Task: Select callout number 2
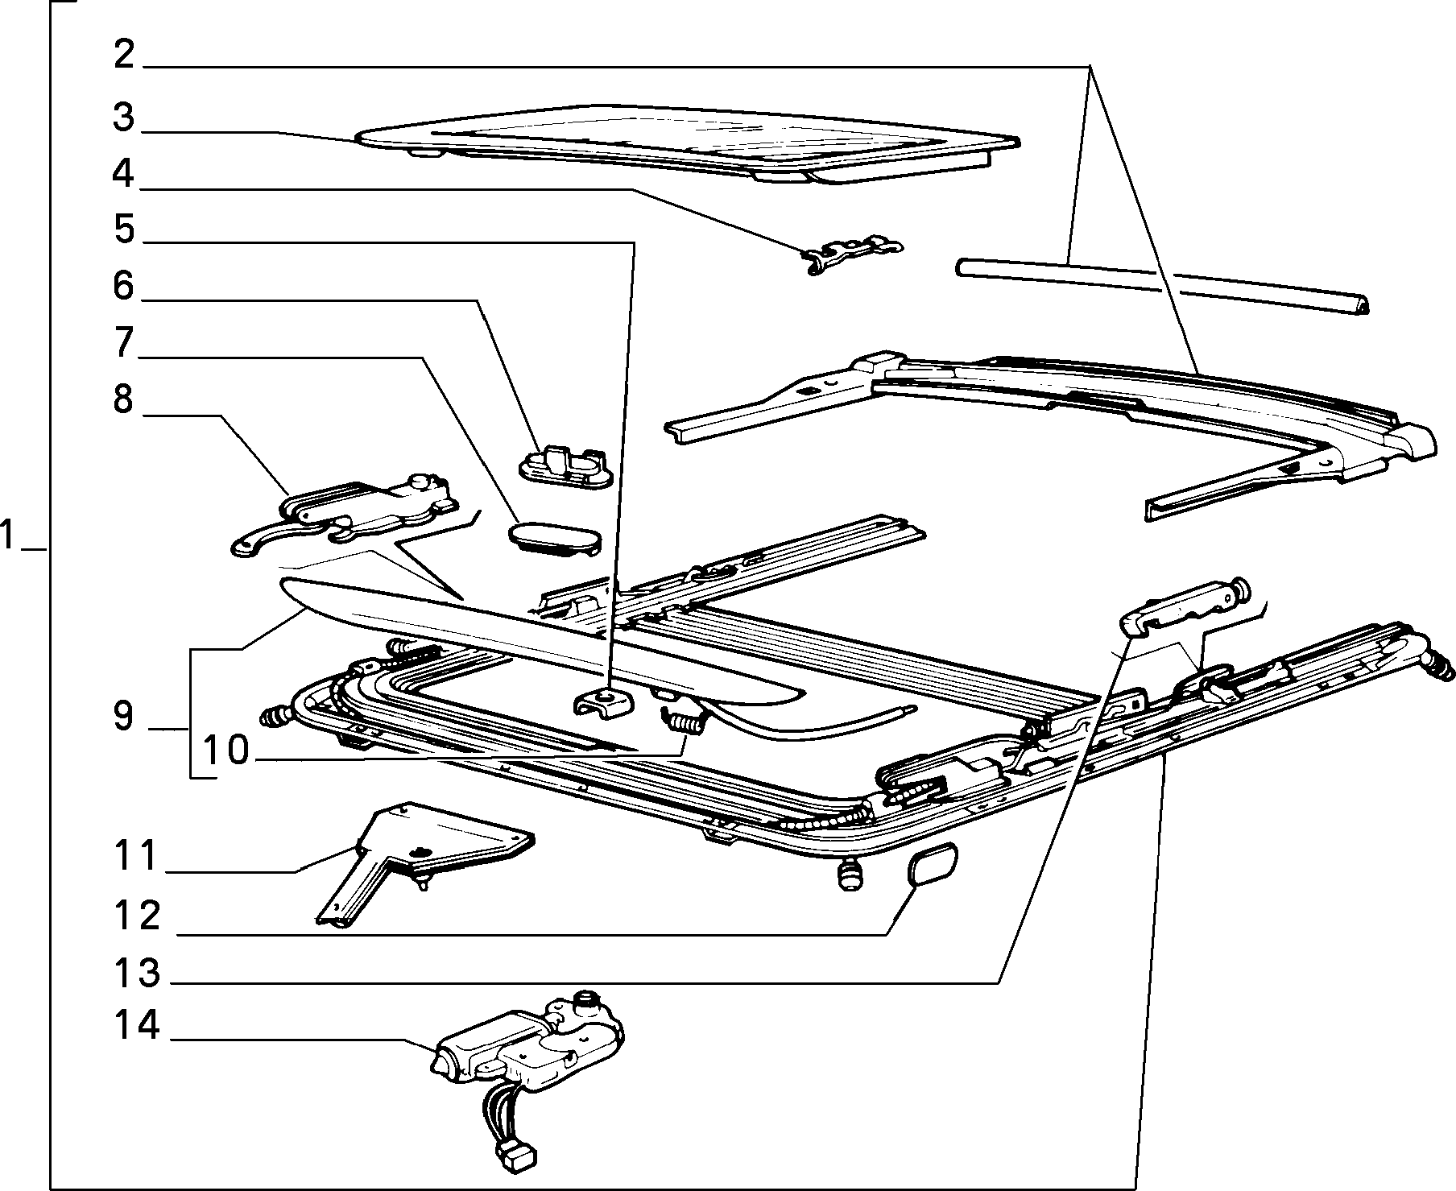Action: tap(123, 56)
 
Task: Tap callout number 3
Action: tap(123, 117)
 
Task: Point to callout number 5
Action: tap(124, 230)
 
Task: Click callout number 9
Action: tap(123, 716)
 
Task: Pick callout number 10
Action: tap(227, 751)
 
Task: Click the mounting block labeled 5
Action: tap(603, 703)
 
